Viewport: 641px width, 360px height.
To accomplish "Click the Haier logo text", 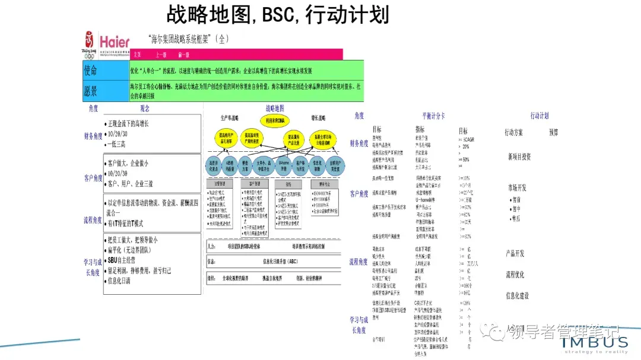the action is pos(115,42).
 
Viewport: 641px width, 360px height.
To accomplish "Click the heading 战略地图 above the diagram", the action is pos(274,109).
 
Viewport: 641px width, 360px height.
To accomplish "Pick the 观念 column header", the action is pos(144,109).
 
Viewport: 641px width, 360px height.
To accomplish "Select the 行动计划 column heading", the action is pos(540,116).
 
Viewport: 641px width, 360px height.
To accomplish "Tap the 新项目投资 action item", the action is pos(519,157).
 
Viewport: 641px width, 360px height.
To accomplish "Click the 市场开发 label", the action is pos(516,187).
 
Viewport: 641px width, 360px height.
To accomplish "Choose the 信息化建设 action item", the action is pos(517,295).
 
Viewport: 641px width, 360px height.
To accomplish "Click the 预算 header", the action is pos(553,132).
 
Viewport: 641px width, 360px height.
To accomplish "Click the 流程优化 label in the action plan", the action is pos(515,275).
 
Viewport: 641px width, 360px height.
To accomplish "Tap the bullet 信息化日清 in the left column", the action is pos(119,281).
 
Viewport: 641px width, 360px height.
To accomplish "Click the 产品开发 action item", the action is pos(515,254).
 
